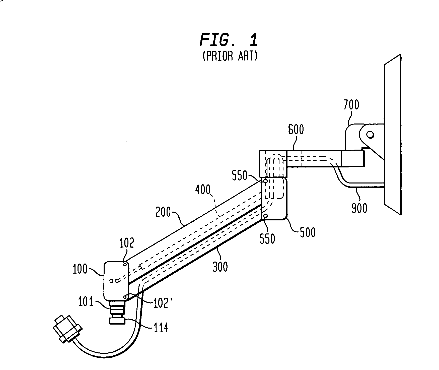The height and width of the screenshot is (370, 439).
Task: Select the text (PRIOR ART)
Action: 230,56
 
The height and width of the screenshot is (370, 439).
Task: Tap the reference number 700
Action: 351,105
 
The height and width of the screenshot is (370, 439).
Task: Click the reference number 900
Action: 359,208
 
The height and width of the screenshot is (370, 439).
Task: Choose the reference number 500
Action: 308,232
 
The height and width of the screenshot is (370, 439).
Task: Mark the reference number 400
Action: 203,190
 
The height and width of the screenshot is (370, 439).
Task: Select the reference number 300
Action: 220,267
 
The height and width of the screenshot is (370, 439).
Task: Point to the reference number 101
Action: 86,302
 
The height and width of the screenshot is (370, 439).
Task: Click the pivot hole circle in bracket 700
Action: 370,135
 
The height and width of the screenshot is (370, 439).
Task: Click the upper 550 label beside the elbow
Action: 240,176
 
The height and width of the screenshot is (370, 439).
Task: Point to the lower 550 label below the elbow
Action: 267,238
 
